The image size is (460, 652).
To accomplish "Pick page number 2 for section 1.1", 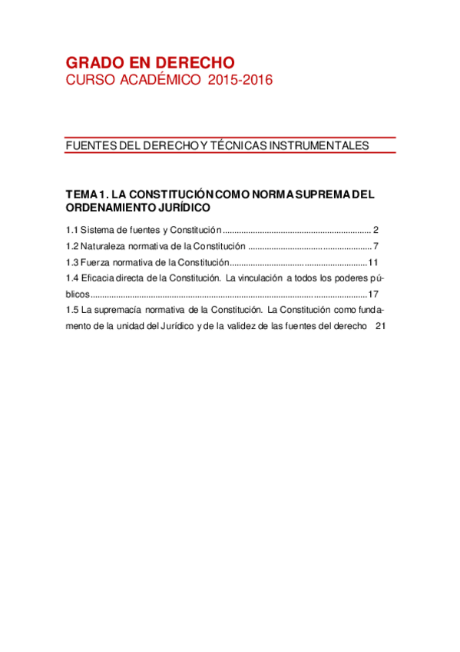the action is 376,230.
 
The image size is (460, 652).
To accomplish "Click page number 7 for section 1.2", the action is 376,246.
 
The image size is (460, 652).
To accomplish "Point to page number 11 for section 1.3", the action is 373,262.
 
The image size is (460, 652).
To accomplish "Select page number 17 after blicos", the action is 373,294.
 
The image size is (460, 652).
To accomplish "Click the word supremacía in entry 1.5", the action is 124,310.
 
